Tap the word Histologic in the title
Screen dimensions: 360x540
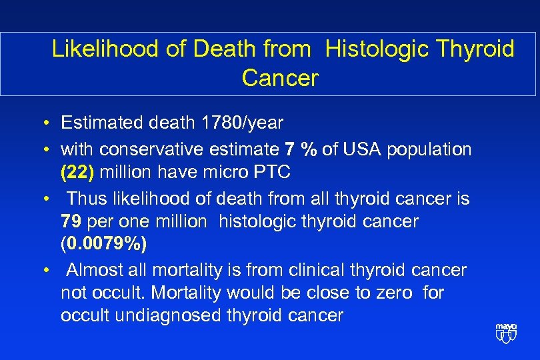pos(369,49)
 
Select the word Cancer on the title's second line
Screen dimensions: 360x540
pos(280,78)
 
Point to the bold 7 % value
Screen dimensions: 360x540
pos(301,149)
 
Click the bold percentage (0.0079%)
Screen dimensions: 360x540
pos(103,243)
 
